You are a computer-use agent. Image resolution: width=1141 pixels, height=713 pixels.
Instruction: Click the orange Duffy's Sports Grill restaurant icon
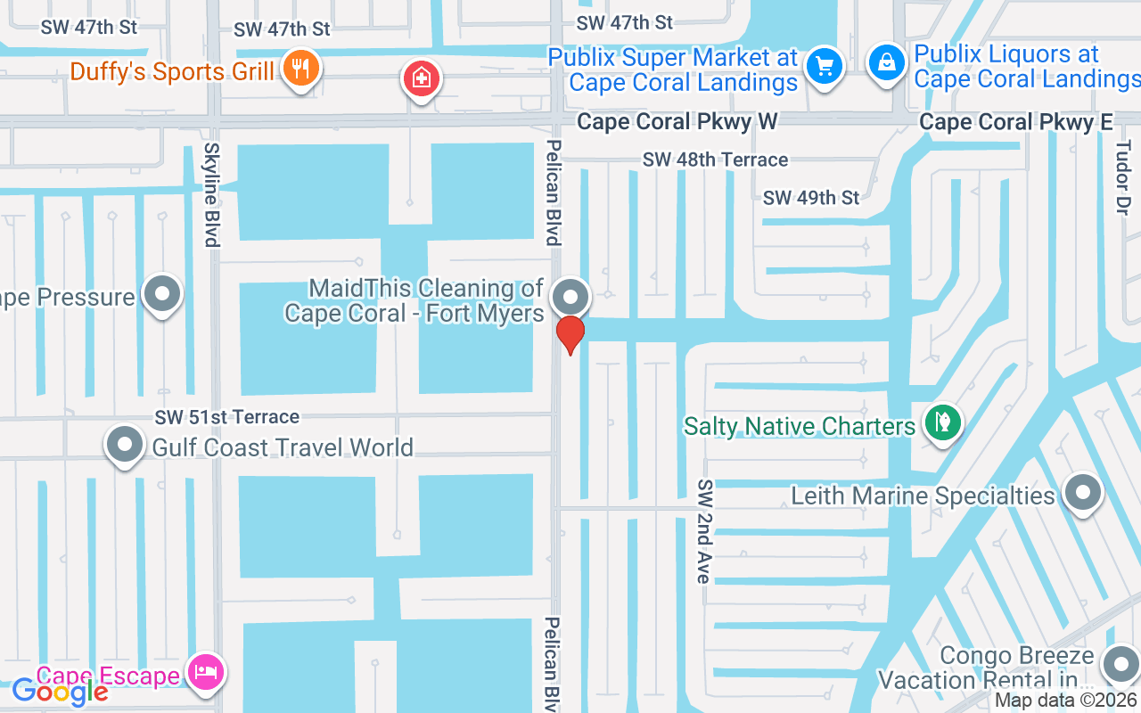click(x=300, y=69)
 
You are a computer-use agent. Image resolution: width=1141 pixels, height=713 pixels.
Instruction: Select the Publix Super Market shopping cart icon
click(x=824, y=65)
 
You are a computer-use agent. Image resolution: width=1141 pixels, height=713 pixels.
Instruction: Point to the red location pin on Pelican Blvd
click(x=570, y=334)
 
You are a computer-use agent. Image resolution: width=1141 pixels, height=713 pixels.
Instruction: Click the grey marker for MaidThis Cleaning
click(x=570, y=297)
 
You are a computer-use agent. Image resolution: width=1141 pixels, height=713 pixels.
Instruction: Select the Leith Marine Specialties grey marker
click(x=1083, y=492)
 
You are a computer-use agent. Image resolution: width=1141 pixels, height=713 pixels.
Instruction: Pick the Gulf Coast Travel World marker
click(x=125, y=444)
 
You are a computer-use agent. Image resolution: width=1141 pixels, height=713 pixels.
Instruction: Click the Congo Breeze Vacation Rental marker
click(x=1120, y=665)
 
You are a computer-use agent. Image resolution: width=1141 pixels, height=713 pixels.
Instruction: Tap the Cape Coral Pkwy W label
click(x=677, y=121)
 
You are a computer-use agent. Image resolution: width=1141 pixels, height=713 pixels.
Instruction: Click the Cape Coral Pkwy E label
click(x=1016, y=122)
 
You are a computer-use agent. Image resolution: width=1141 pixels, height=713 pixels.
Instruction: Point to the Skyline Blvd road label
click(x=211, y=194)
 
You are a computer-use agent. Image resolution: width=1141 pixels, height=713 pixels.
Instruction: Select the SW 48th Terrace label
click(x=715, y=160)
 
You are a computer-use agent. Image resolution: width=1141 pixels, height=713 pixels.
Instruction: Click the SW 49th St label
click(x=811, y=197)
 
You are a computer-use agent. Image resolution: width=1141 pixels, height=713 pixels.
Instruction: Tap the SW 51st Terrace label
click(x=226, y=416)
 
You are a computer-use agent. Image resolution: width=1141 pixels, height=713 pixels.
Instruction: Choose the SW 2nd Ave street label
click(x=704, y=531)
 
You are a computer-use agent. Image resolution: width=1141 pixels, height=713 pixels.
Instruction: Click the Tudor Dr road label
click(x=1122, y=176)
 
